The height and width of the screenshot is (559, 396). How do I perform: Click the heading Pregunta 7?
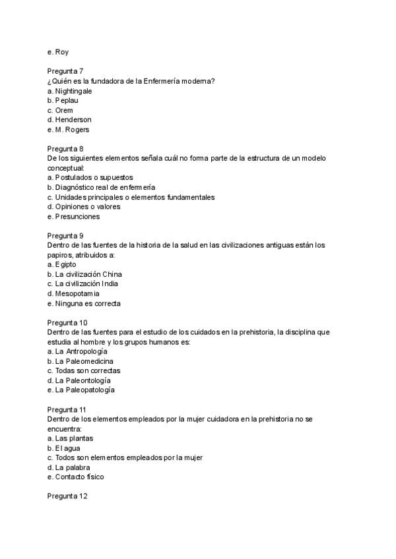(65, 71)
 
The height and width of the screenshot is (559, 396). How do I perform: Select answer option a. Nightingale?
(69, 91)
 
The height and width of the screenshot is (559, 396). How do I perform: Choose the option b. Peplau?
(64, 100)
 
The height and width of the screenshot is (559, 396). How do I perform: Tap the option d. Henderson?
(69, 120)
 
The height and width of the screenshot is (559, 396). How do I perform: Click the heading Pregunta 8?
(65, 149)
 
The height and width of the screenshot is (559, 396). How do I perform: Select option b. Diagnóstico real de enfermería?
(101, 188)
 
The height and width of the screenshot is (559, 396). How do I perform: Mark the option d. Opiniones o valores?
(83, 207)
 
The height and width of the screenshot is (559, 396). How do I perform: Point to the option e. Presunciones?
(74, 216)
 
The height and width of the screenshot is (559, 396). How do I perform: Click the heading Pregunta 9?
(65, 235)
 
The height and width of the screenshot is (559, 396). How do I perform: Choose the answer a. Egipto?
(61, 264)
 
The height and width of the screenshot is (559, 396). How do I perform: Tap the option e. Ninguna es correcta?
(84, 303)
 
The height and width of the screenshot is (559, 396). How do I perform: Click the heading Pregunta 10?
(67, 322)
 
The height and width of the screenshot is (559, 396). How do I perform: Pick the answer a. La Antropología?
(77, 351)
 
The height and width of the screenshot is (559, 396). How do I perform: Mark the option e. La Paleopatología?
(81, 390)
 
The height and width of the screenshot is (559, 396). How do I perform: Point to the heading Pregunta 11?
(67, 409)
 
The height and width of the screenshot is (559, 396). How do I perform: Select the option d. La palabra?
(69, 467)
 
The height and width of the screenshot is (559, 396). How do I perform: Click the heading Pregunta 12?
(67, 496)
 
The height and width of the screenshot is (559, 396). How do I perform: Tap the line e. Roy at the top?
(58, 52)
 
